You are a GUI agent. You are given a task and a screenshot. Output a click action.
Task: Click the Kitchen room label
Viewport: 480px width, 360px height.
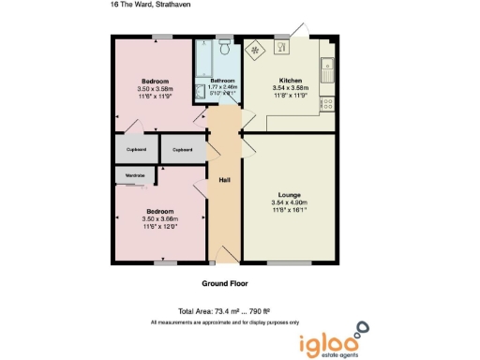point(290,80)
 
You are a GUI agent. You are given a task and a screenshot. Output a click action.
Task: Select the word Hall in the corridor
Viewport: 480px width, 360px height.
point(225,180)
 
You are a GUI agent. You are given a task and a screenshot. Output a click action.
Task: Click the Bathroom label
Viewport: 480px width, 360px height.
point(222,81)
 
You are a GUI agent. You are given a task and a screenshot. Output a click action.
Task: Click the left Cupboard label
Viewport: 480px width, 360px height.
point(136,149)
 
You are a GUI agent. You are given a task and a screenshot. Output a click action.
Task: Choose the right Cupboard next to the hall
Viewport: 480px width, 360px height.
point(183,149)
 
